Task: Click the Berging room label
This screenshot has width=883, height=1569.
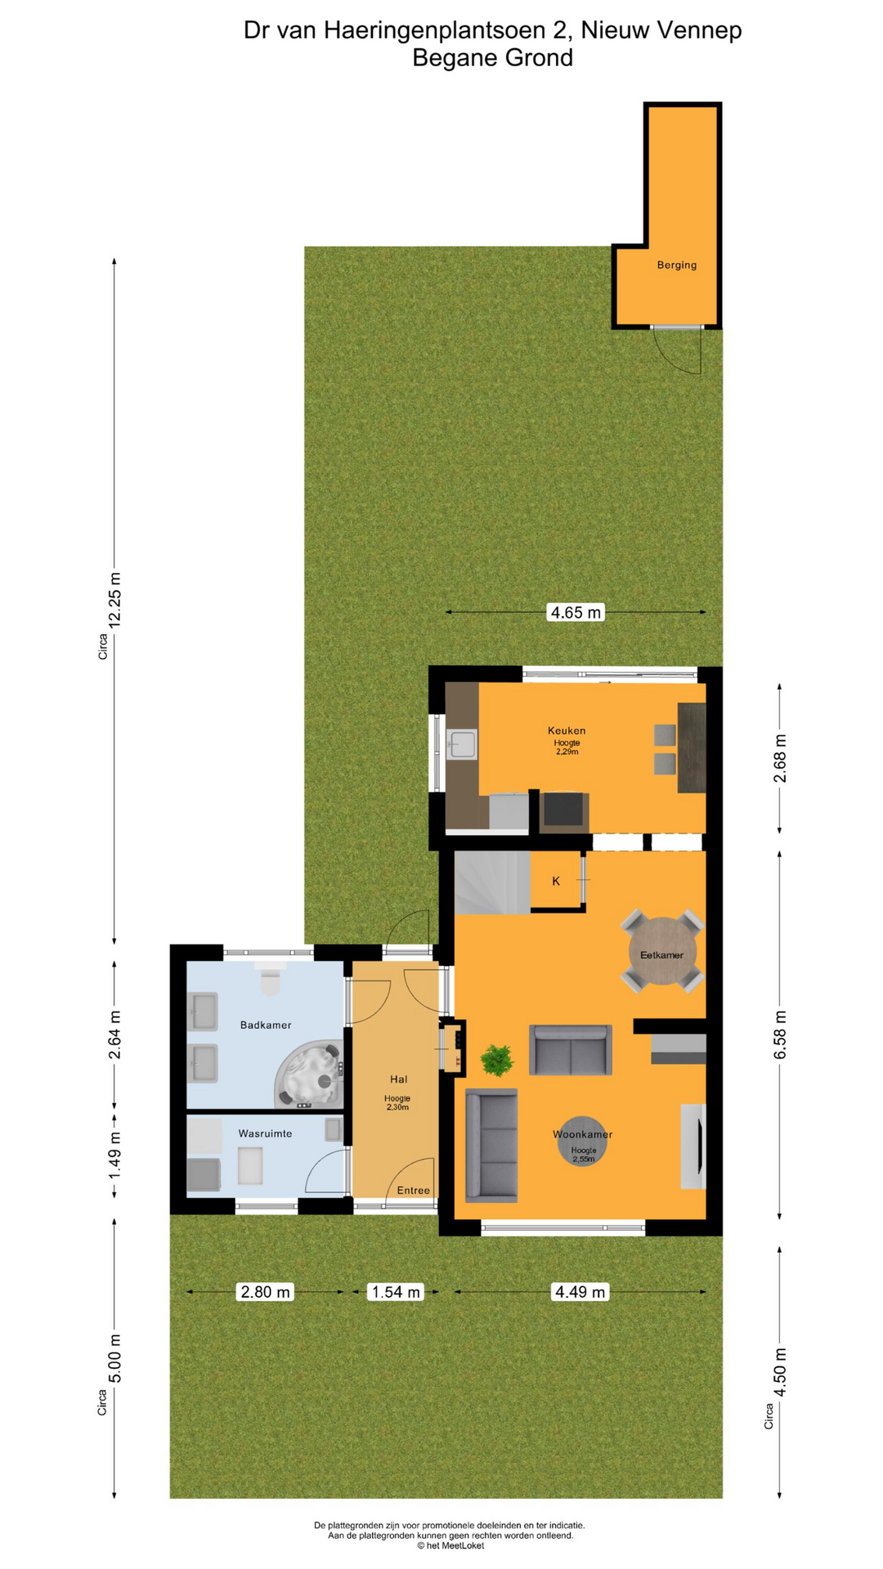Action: tap(676, 265)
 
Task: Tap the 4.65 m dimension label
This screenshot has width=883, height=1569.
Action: tap(576, 612)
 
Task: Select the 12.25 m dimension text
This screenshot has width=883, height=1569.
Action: tap(114, 597)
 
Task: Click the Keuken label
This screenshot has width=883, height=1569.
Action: tap(567, 731)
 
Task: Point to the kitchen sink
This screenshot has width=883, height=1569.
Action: tap(462, 744)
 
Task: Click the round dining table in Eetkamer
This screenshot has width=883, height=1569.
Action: tap(662, 951)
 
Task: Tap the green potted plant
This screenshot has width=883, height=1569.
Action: tap(496, 1060)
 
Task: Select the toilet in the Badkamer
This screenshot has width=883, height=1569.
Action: tap(270, 977)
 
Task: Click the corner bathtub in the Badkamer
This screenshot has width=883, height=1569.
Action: tap(308, 1074)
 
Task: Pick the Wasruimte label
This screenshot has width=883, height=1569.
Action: tap(265, 1133)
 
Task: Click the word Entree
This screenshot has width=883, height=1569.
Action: tap(413, 1191)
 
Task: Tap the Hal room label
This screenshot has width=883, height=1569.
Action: tap(398, 1080)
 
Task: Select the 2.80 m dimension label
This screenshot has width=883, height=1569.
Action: tap(265, 1292)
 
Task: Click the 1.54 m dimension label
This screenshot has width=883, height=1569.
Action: tap(396, 1292)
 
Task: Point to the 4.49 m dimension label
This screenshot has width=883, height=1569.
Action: tap(580, 1292)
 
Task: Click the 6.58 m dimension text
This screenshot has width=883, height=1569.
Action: tap(780, 1035)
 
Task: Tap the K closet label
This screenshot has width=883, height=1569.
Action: tap(556, 881)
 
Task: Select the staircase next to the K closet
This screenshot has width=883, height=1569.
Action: tap(492, 883)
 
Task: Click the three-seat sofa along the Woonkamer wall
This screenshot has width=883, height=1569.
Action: tap(491, 1145)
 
